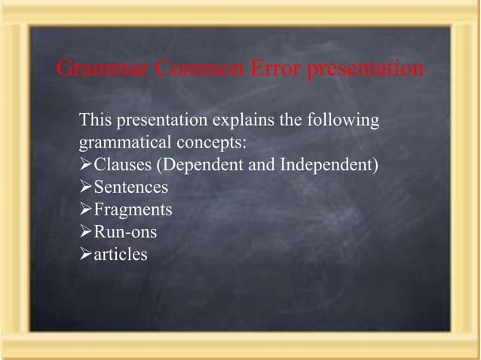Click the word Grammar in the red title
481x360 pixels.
click(x=103, y=69)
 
